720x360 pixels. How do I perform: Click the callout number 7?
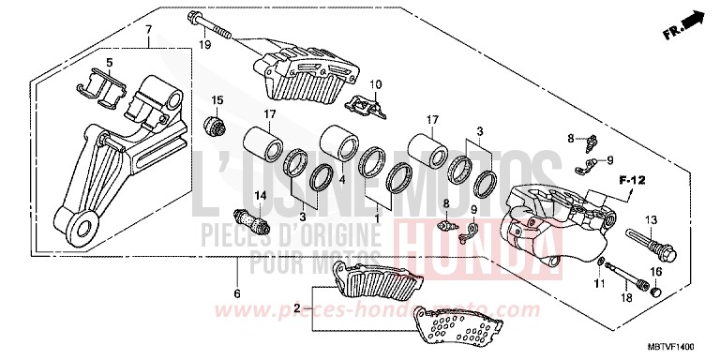tap(146, 30)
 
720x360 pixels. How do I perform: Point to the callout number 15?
tap(217, 99)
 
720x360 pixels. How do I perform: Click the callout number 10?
tap(376, 85)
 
